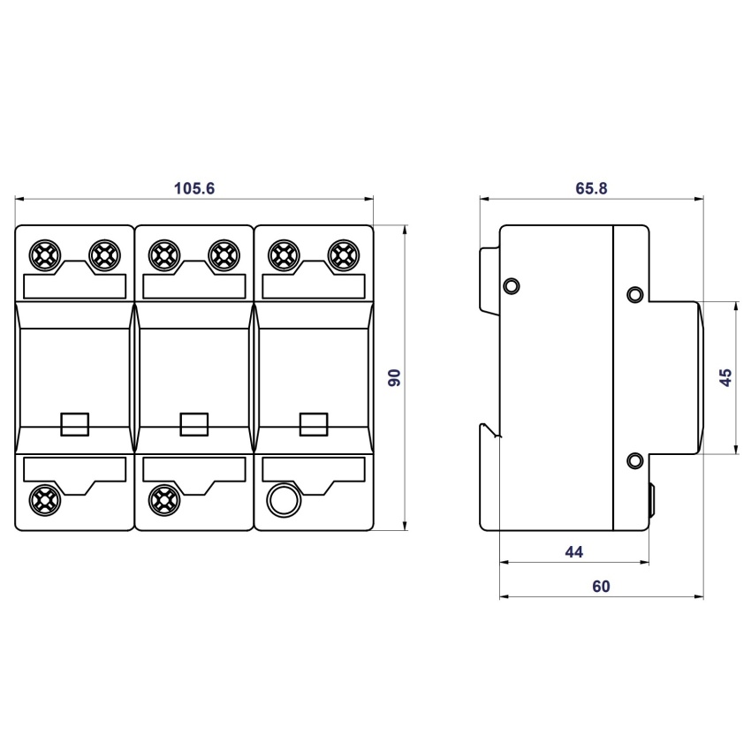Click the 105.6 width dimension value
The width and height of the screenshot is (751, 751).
pyautogui.click(x=194, y=188)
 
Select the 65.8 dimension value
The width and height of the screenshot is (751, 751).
pyautogui.click(x=591, y=188)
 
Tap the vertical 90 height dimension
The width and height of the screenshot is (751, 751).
pyautogui.click(x=394, y=378)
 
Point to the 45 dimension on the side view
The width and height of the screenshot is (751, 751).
pyautogui.click(x=725, y=377)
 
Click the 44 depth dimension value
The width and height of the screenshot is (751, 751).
pyautogui.click(x=573, y=551)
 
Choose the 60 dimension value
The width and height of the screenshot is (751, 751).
pyautogui.click(x=601, y=587)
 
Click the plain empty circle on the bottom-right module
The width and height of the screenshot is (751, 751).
pyautogui.click(x=284, y=500)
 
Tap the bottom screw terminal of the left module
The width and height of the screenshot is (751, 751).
pyautogui.click(x=44, y=499)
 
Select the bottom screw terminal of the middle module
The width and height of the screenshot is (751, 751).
pyautogui.click(x=164, y=499)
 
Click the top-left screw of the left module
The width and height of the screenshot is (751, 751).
pyautogui.click(x=44, y=255)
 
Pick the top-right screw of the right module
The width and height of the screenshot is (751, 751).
pyautogui.click(x=343, y=255)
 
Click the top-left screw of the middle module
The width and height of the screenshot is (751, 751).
pyautogui.click(x=164, y=255)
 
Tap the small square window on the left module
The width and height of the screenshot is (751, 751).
pyautogui.click(x=75, y=424)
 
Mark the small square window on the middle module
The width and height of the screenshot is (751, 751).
pyautogui.click(x=194, y=424)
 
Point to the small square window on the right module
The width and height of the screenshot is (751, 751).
pyautogui.click(x=314, y=424)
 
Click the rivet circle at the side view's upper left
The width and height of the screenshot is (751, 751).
pyautogui.click(x=512, y=286)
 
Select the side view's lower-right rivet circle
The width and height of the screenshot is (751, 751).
pyautogui.click(x=635, y=460)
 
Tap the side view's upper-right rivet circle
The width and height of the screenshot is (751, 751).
pyautogui.click(x=635, y=294)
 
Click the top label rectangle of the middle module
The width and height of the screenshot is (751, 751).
pyautogui.click(x=194, y=286)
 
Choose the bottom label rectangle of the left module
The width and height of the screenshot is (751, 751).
pyautogui.click(x=75, y=469)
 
